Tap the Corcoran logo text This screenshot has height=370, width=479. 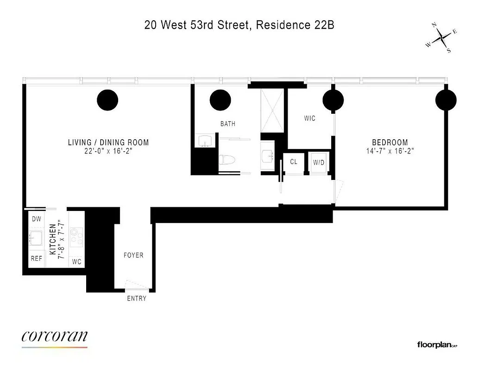coord(54,336)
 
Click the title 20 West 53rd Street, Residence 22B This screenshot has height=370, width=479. coord(239,25)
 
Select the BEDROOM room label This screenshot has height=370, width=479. coord(390,142)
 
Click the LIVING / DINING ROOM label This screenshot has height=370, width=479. coord(108,142)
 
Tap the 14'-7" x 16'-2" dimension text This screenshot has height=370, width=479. coord(390,151)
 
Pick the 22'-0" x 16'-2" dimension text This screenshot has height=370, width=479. coord(108,151)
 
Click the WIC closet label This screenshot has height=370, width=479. coord(309,118)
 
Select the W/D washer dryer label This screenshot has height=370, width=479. coord(319,162)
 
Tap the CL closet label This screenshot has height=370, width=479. coord(294,162)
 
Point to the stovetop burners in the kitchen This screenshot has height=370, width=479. coord(76,237)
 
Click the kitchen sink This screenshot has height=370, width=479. coord(36,238)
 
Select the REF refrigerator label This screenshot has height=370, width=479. coord(36,259)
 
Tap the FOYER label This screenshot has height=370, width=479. coord(133,255)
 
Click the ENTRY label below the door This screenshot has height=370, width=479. coord(137,298)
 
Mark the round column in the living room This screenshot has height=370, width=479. coord(107,99)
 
